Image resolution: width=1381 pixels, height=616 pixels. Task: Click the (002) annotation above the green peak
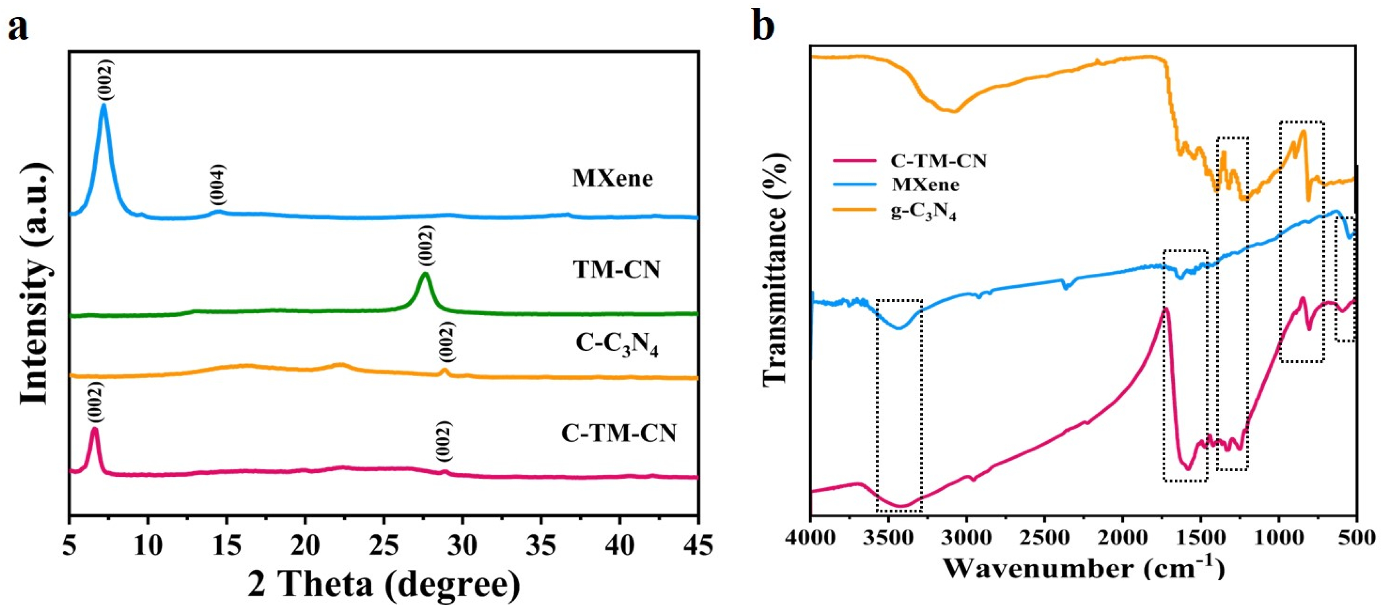click(x=426, y=245)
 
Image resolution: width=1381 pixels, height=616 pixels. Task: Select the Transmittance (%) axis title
click(x=775, y=268)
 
